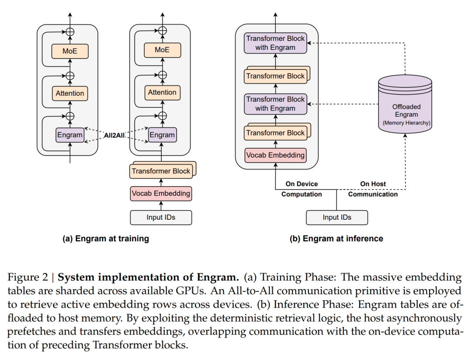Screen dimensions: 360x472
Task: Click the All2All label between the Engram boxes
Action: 115,135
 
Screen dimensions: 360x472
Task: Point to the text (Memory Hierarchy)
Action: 406,123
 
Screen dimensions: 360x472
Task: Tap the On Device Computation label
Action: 302,189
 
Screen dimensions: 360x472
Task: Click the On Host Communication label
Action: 373,189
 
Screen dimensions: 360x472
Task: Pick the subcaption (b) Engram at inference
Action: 336,239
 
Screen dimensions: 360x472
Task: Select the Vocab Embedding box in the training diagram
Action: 161,193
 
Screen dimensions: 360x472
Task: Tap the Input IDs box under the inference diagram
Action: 337,217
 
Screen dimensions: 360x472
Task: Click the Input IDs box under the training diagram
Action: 161,217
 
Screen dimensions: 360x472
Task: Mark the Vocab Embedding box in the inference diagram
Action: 275,155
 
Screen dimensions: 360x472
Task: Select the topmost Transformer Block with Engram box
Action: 275,43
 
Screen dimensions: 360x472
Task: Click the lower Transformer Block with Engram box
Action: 275,104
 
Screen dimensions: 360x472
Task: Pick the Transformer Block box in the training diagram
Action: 161,171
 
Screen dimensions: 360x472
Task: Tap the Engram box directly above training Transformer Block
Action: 162,135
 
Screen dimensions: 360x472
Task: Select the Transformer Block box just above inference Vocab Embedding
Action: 275,133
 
